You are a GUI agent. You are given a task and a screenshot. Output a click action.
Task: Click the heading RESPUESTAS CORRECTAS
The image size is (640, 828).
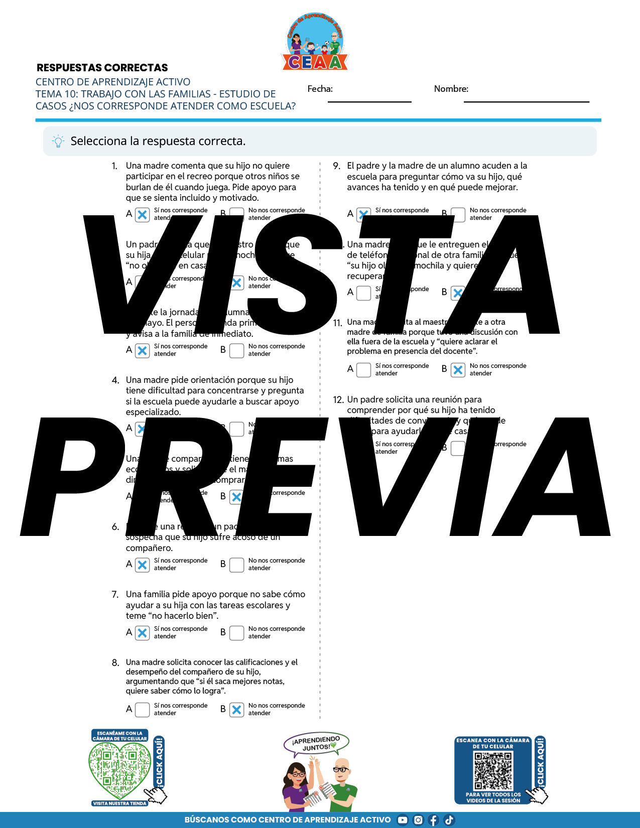(x=102, y=68)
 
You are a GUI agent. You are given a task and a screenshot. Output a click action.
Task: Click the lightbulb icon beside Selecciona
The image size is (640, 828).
(x=58, y=142)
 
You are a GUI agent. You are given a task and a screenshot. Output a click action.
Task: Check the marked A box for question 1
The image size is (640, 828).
(x=143, y=215)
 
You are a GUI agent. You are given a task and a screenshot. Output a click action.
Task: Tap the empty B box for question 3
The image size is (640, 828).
(x=236, y=350)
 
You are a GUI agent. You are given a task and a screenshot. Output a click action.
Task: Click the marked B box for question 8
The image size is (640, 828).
(x=236, y=710)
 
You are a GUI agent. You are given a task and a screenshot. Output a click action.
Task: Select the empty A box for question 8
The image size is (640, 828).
(x=143, y=710)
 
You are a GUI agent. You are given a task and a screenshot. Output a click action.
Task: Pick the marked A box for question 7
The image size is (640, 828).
(x=143, y=633)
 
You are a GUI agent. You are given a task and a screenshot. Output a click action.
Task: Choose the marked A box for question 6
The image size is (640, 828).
(x=143, y=565)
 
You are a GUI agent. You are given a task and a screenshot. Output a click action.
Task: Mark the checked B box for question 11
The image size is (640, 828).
(x=458, y=370)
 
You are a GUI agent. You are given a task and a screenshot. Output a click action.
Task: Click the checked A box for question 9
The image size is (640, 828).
(x=363, y=214)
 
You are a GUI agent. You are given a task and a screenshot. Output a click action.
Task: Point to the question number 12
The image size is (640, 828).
(x=338, y=400)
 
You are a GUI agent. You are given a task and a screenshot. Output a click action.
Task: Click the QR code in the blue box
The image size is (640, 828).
(x=493, y=771)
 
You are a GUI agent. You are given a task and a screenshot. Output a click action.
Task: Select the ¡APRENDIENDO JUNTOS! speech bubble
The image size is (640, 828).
(x=316, y=744)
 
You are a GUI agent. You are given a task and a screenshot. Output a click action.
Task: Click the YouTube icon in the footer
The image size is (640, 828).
(x=403, y=820)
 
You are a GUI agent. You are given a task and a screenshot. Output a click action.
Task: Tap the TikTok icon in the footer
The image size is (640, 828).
(x=449, y=820)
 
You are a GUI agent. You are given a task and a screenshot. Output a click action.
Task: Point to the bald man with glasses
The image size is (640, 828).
(x=343, y=783)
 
